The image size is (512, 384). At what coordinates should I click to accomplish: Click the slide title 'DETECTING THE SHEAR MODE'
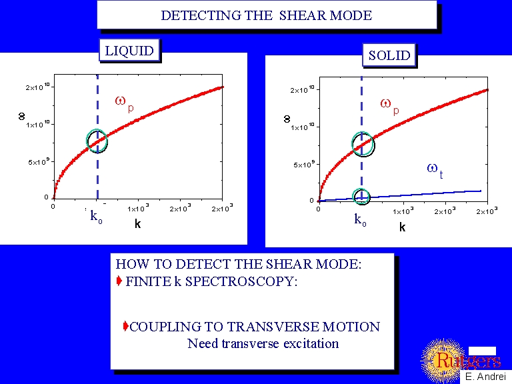click(266, 15)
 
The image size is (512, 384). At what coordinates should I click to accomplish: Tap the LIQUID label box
click(129, 51)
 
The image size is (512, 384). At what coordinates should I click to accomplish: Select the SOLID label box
click(389, 55)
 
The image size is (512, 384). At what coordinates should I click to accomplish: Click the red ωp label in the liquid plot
click(124, 103)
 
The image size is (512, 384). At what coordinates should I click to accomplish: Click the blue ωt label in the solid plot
click(435, 171)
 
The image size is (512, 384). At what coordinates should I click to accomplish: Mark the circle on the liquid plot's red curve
click(97, 140)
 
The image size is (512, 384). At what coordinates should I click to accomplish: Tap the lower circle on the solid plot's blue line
click(361, 196)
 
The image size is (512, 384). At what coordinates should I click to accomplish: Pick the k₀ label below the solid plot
click(361, 219)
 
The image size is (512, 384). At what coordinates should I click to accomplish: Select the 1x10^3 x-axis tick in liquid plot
click(139, 208)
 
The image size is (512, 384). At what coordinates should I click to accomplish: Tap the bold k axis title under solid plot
click(402, 227)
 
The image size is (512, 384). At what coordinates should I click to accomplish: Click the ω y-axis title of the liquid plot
click(21, 116)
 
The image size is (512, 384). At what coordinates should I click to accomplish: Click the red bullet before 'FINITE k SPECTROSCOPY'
click(120, 281)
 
